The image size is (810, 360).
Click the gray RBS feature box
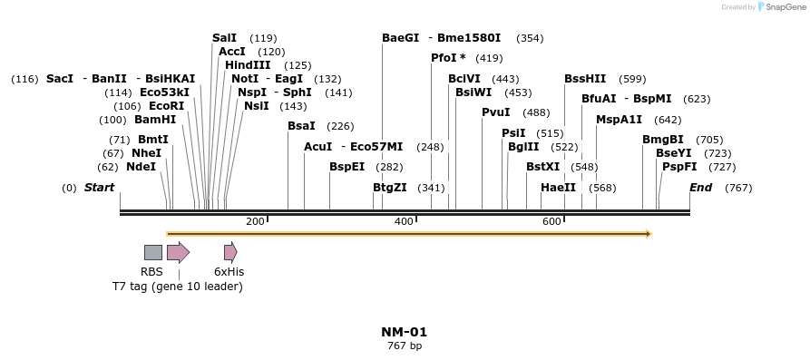coord(153,252)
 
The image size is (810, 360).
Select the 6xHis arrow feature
coord(230,252)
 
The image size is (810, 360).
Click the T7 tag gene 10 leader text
coord(178,287)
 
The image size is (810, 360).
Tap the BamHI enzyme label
coord(155,120)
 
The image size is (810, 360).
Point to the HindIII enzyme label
coord(248,65)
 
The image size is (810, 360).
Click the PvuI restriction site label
coord(495,112)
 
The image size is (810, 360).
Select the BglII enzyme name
coord(523,147)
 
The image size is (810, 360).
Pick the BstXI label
coord(543,167)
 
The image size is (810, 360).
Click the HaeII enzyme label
coord(558,188)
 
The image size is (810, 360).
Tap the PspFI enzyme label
coord(679,167)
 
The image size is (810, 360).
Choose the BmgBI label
coord(663,140)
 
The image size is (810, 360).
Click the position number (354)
coord(530,38)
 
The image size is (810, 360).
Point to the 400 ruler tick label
coord(404,222)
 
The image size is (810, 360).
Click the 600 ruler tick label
coord(551,222)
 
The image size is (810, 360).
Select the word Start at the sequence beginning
coord(100,188)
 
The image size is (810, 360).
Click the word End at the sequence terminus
coord(700,188)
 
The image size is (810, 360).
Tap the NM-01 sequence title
coord(405,333)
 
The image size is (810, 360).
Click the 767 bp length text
coord(405,345)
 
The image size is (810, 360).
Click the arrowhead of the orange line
coord(648,234)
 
